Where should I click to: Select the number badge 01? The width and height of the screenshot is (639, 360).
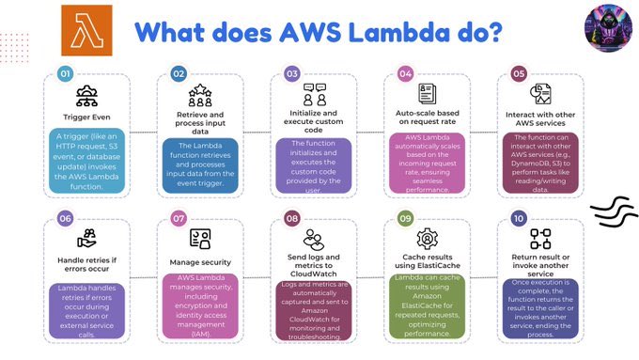tap(65, 72)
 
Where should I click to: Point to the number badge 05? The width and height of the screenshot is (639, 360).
tap(519, 72)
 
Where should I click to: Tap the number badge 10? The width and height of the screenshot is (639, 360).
tap(519, 217)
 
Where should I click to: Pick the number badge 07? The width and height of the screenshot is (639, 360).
tap(179, 217)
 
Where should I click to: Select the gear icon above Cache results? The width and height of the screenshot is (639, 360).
tap(428, 238)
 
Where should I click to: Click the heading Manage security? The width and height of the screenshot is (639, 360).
tap(200, 263)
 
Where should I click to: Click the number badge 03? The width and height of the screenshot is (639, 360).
tap(292, 72)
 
